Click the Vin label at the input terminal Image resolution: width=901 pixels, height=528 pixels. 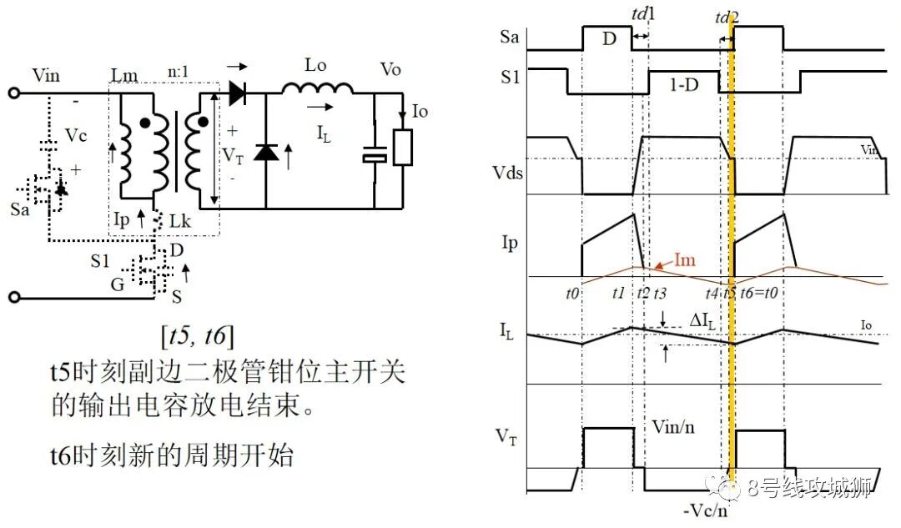45,75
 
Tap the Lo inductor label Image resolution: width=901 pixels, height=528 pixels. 315,65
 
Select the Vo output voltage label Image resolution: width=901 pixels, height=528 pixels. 390,69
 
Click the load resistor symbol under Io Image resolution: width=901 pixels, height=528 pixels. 403,148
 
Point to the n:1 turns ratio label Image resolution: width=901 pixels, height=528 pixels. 179,71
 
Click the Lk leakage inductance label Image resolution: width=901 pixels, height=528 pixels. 180,221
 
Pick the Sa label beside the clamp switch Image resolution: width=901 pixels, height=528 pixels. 19,209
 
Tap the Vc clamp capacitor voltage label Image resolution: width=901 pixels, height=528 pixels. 75,136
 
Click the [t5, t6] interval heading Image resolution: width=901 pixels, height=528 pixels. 197,336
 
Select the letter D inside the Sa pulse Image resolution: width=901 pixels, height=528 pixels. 609,38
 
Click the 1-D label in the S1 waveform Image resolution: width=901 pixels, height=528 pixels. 684,85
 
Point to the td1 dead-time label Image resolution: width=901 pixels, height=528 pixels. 643,14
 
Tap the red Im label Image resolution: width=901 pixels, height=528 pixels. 684,260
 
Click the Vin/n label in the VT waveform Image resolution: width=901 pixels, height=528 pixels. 673,427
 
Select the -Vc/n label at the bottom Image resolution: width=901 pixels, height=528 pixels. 705,510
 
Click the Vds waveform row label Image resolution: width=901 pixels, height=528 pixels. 507,173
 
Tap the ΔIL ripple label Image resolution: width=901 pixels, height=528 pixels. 702,321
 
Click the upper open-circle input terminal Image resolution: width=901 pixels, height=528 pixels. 14,93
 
